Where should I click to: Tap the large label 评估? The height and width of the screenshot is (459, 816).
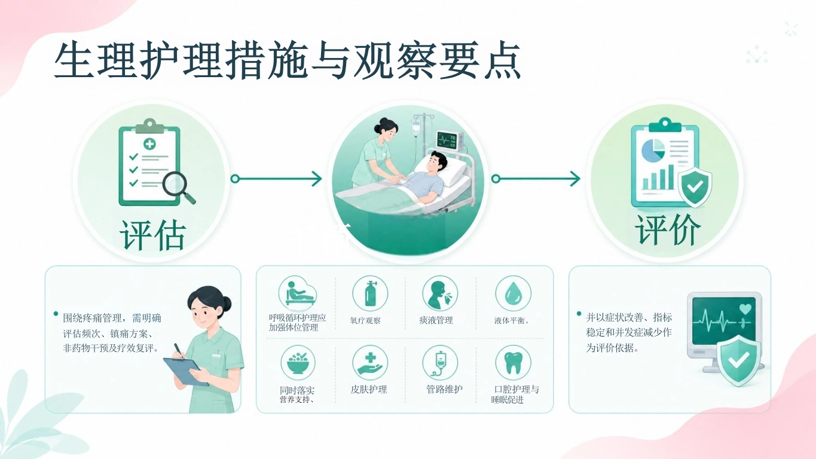coord(153,235)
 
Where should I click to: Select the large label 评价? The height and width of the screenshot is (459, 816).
coord(668,229)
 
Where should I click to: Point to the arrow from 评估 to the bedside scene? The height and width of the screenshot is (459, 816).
coord(277,179)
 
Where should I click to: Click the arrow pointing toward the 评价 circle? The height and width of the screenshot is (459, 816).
coord(536,179)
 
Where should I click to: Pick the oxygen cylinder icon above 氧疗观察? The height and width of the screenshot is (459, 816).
coord(370,293)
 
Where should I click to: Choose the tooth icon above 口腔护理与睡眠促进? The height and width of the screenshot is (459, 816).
coord(514,363)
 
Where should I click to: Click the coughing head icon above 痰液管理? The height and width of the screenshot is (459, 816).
coord(439,293)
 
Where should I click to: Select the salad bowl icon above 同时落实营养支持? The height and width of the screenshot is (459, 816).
coord(298,363)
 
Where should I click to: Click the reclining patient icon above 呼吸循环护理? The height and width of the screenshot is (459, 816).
coord(299,293)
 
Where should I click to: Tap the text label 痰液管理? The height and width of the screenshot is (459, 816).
coord(436,320)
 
